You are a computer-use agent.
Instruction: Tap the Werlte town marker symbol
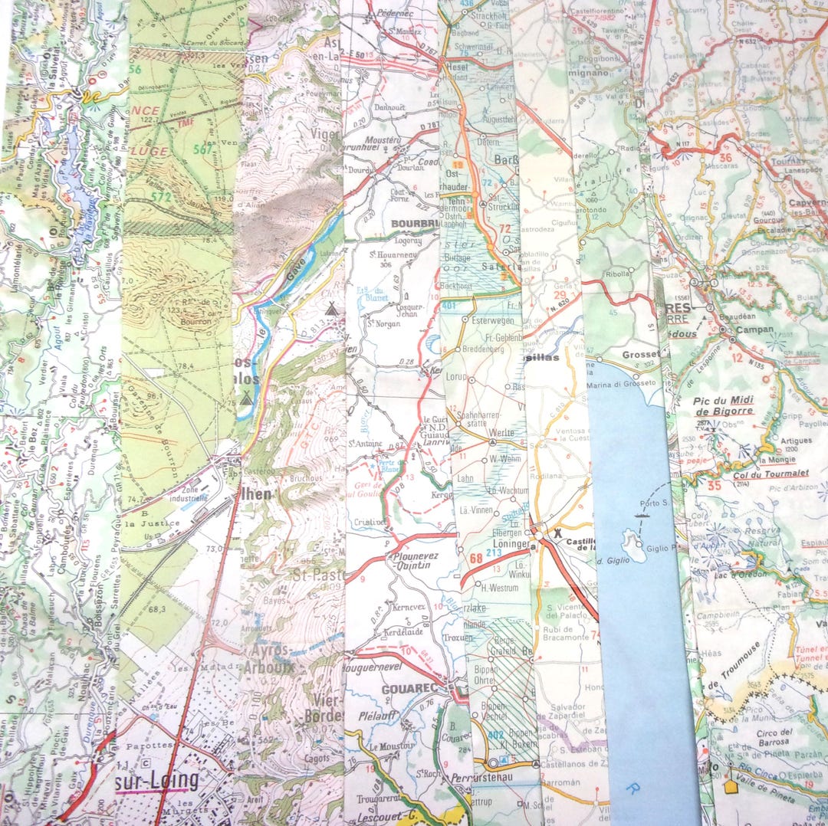(x=491, y=442)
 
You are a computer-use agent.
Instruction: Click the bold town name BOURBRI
(x=413, y=224)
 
